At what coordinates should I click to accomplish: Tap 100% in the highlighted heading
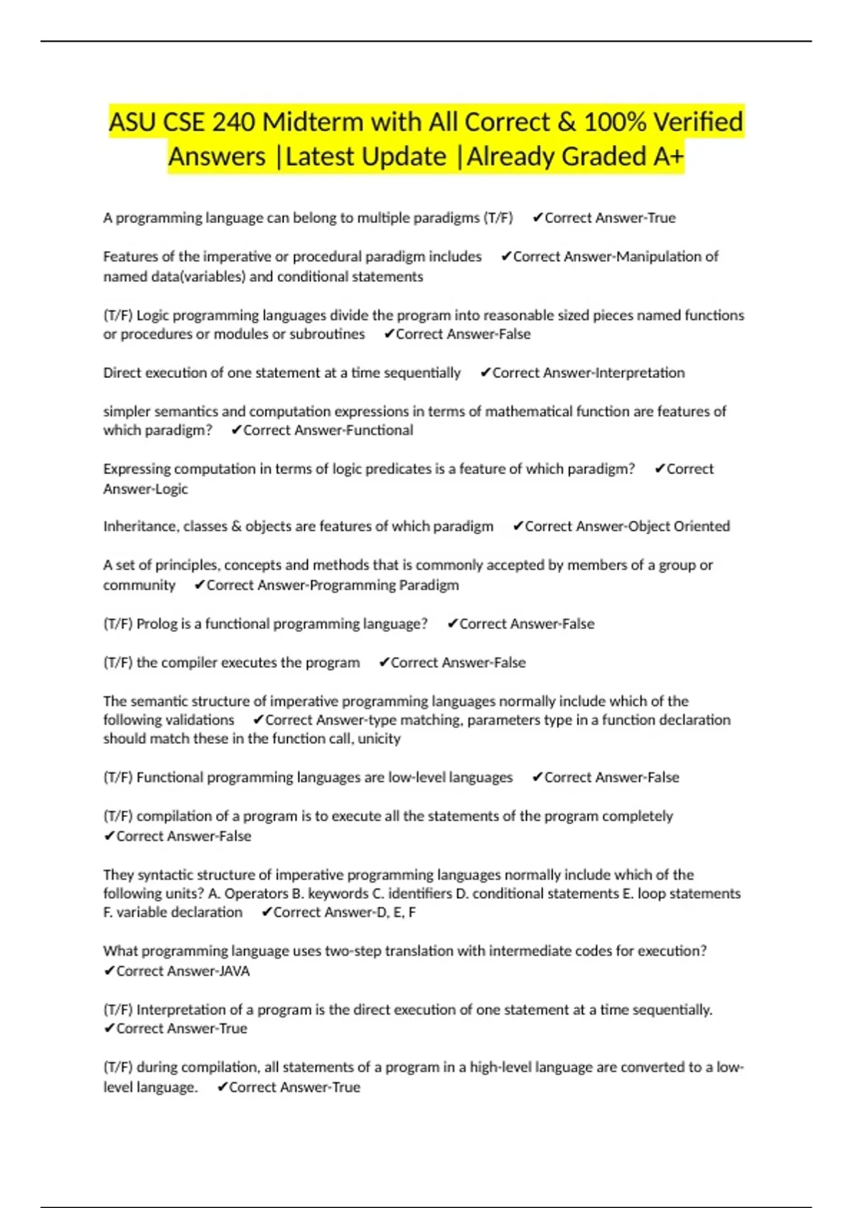pos(615,122)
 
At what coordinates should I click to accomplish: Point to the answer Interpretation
pos(638,372)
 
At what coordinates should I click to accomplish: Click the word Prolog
pos(156,623)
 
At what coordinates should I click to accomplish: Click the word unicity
pos(379,738)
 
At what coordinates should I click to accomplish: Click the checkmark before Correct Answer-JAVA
pos(109,971)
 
